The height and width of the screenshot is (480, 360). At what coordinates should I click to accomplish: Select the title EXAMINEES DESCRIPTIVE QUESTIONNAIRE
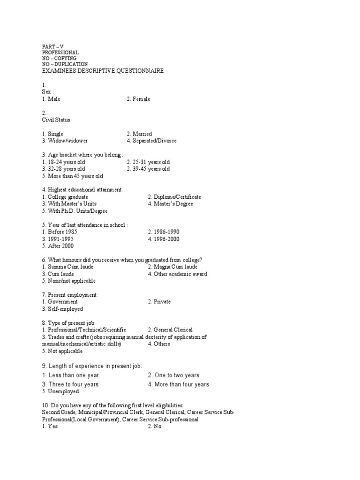(x=103, y=71)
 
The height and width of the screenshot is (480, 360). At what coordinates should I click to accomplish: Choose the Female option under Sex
(x=138, y=99)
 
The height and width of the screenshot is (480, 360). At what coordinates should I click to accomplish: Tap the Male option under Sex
(x=51, y=99)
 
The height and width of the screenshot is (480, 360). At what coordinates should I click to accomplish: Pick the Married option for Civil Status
(x=139, y=134)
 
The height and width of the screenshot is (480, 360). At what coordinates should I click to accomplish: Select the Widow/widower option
(x=65, y=141)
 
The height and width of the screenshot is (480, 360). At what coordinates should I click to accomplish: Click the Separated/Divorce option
(x=151, y=141)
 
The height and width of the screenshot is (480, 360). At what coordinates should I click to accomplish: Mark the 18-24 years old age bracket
(x=63, y=162)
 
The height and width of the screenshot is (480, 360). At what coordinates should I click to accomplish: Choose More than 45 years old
(x=72, y=176)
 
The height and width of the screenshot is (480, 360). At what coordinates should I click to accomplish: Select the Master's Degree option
(x=171, y=204)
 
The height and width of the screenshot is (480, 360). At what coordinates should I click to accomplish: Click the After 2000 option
(x=58, y=246)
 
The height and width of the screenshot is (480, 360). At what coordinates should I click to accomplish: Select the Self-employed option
(x=62, y=309)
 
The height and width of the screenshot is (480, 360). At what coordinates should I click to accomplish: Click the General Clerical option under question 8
(x=170, y=330)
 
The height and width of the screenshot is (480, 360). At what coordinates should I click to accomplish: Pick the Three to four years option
(x=70, y=384)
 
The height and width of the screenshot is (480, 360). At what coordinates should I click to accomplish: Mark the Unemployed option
(x=60, y=392)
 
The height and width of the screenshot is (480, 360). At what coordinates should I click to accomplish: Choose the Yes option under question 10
(x=50, y=427)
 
